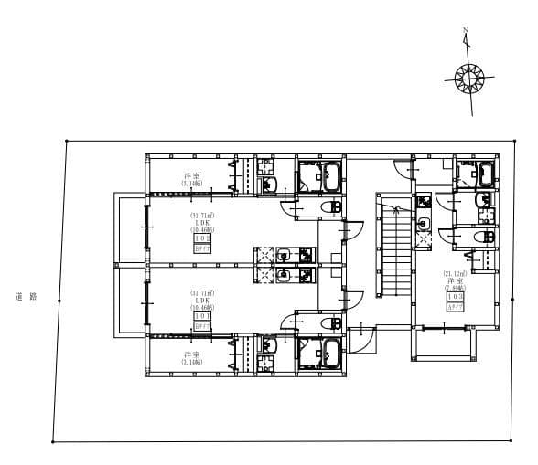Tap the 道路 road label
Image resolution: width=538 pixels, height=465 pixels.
tap(26, 297)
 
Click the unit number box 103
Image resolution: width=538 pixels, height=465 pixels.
tap(455, 297)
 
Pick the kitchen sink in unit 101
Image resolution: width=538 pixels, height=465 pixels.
tap(285, 274)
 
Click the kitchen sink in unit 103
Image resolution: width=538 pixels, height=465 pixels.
tap(423, 220)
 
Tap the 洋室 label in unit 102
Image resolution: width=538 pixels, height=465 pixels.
tap(191, 176)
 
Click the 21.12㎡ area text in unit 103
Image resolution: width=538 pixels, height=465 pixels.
tap(455, 273)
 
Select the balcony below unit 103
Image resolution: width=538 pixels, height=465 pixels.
tap(446, 345)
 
